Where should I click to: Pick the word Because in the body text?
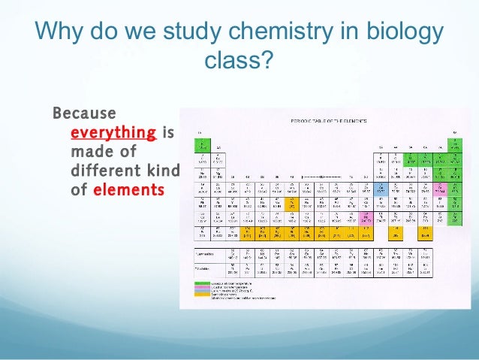[83, 114]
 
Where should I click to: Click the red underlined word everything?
[113, 133]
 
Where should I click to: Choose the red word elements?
[128, 190]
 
